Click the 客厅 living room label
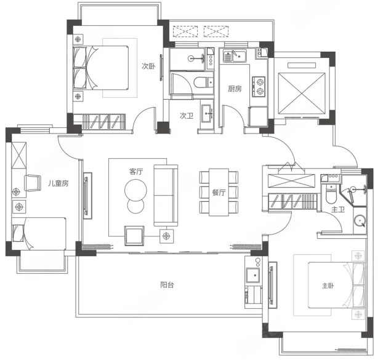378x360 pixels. (136, 172)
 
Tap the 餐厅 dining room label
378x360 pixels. (219, 192)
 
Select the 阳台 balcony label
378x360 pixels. (167, 285)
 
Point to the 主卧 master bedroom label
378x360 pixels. (328, 286)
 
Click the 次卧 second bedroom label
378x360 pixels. (148, 66)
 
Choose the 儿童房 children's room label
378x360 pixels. (58, 183)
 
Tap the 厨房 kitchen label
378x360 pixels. (235, 89)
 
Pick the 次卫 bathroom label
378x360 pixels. (187, 116)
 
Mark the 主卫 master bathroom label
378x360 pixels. (338, 209)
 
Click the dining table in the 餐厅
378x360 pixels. (219, 192)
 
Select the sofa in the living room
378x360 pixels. (166, 196)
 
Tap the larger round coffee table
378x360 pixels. (135, 190)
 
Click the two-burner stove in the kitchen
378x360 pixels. (259, 87)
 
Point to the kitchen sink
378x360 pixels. (235, 56)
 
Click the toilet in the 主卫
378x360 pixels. (331, 194)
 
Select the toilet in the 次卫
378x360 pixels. (203, 82)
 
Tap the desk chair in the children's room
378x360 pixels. (33, 183)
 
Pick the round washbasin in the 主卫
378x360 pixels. (360, 220)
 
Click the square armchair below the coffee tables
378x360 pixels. (134, 236)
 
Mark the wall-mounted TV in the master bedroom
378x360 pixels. (272, 285)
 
